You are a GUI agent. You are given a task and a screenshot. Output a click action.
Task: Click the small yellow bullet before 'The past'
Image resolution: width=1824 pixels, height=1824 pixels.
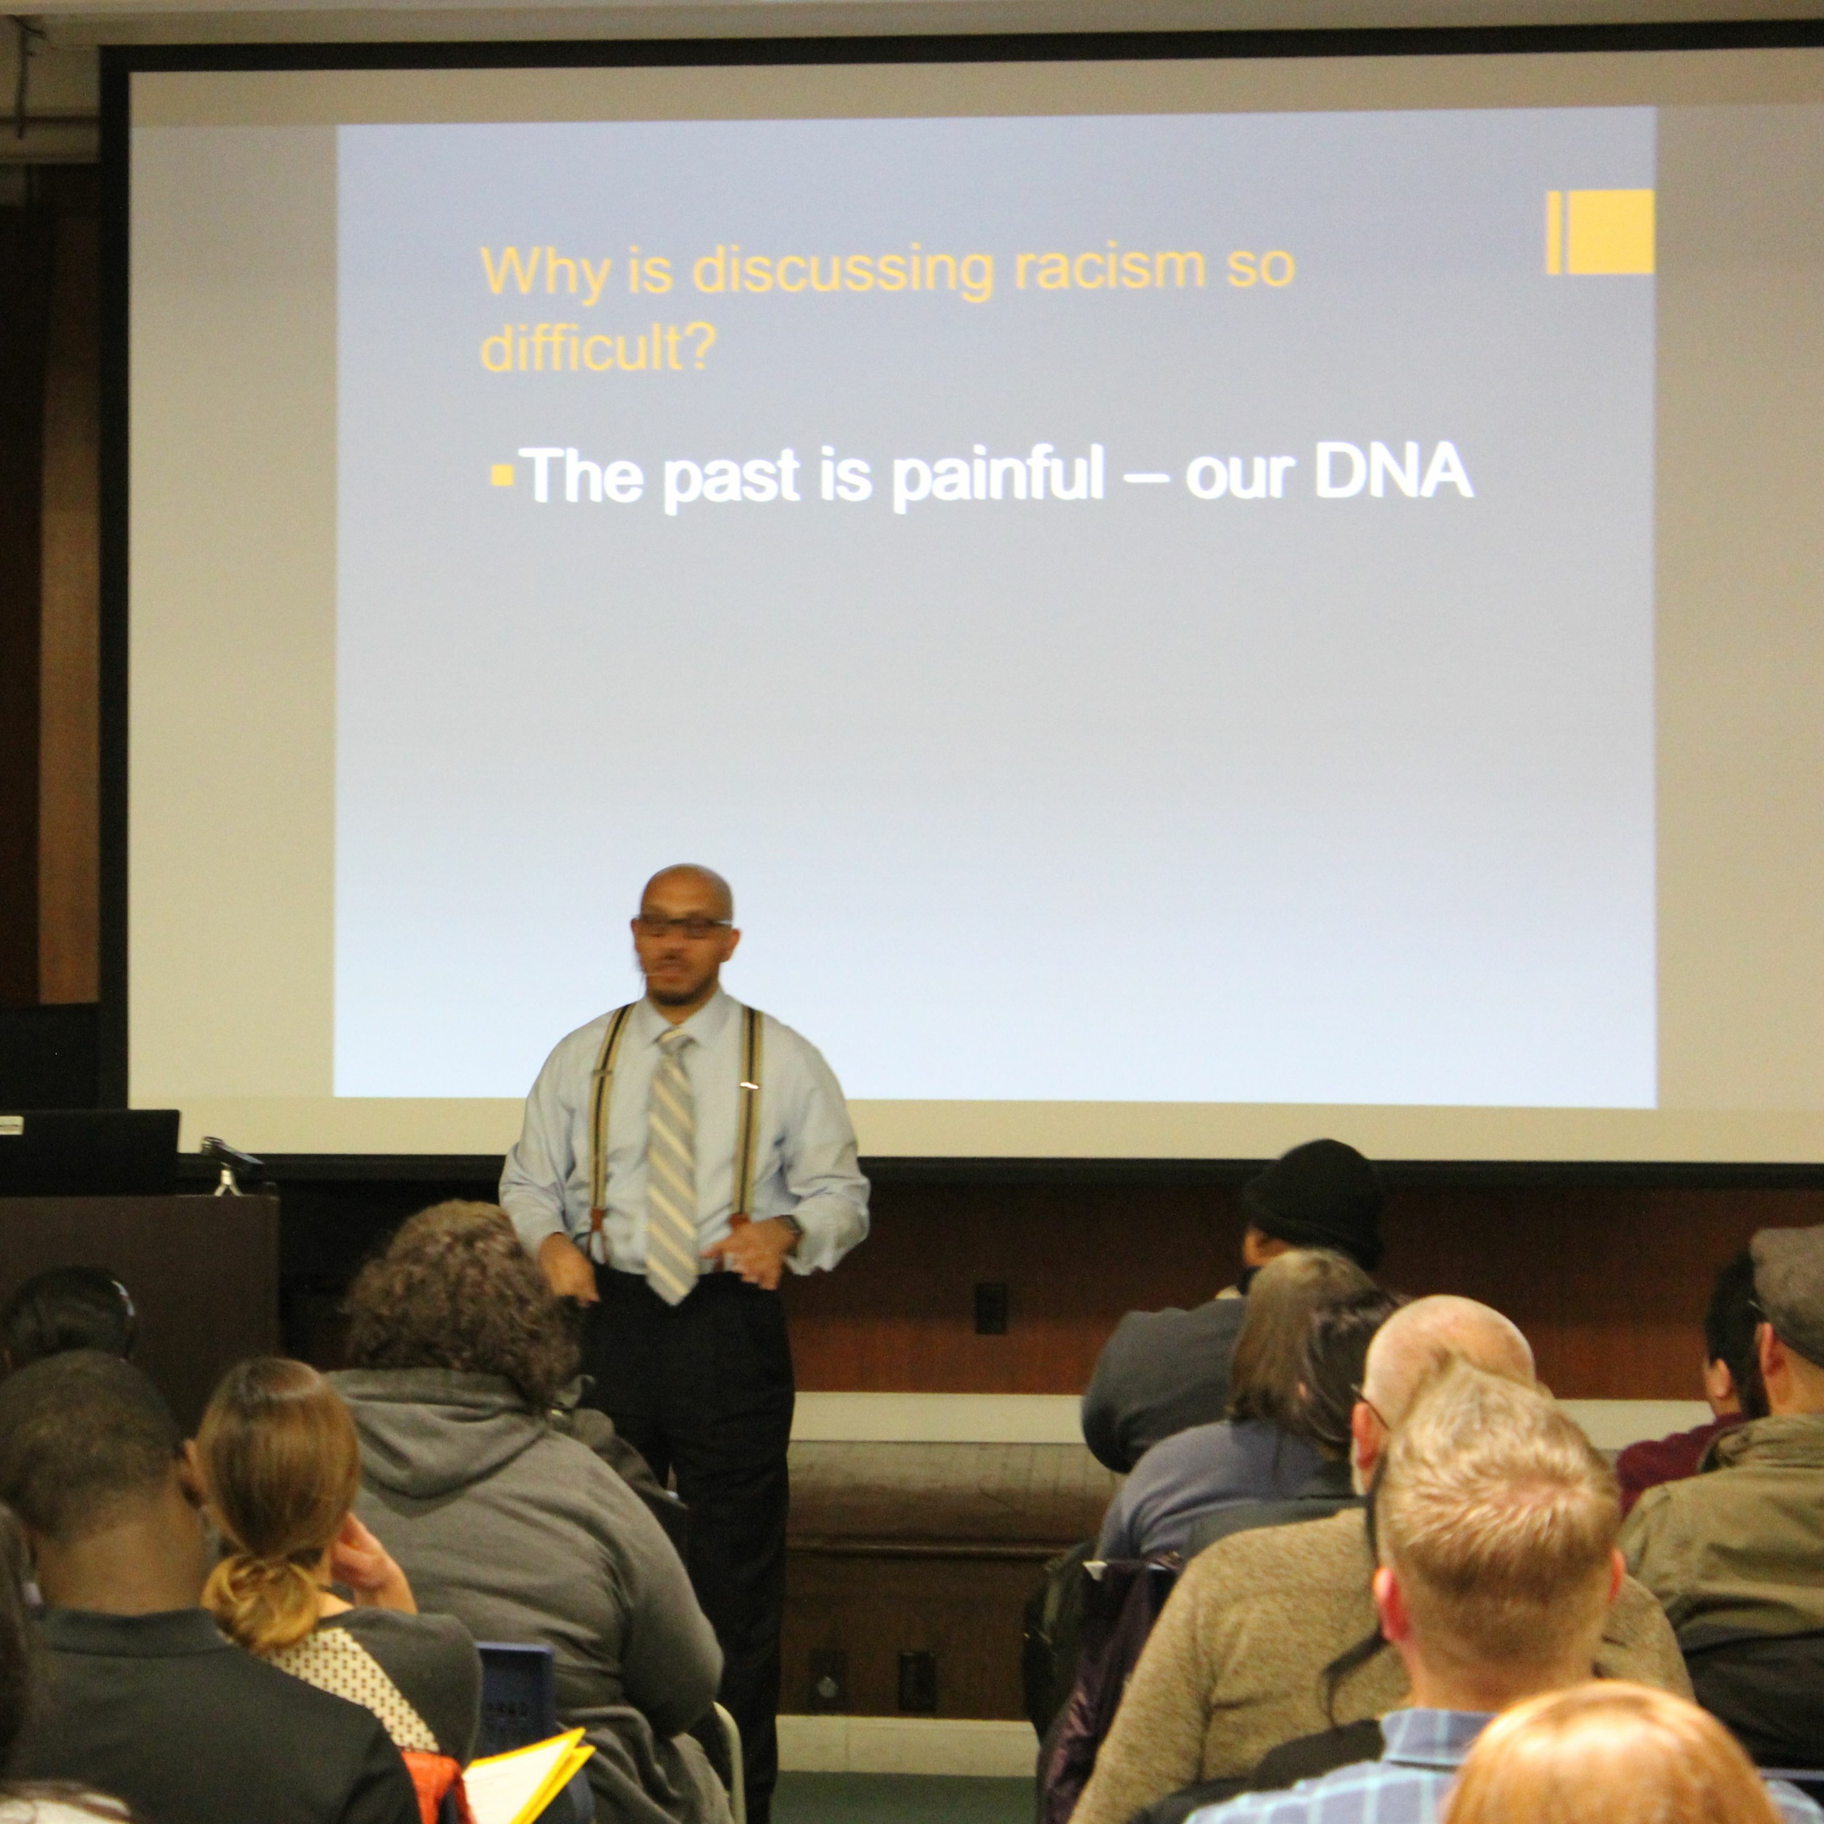[502, 474]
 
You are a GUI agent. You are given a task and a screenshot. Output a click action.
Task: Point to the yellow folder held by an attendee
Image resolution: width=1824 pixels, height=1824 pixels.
[524, 1776]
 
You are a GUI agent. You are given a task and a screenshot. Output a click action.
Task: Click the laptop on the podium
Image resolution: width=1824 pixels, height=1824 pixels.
[90, 1151]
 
